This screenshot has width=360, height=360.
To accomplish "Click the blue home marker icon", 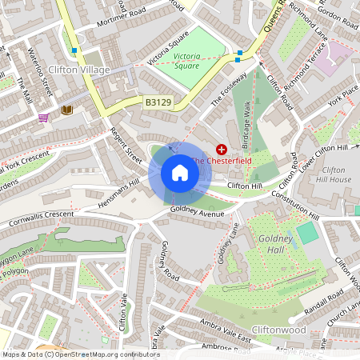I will [x=180, y=173].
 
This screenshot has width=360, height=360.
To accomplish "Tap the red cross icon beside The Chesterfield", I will [x=222, y=149].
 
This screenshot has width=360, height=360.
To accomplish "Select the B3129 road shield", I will [x=158, y=102].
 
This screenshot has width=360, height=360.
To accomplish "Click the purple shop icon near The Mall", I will [x=42, y=117].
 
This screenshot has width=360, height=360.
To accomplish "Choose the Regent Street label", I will [x=126, y=146].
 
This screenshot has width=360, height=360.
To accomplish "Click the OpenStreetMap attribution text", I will [x=80, y=354].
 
